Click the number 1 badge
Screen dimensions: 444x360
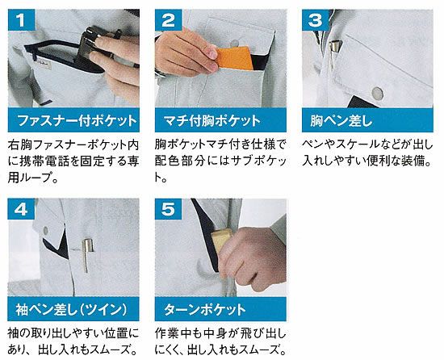click(x=22, y=20)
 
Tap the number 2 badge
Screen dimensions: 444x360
click(x=169, y=20)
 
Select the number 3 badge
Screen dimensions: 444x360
click(x=316, y=20)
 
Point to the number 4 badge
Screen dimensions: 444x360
click(x=21, y=209)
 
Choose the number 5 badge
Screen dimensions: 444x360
click(x=168, y=209)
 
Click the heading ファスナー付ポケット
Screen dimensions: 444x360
click(x=77, y=120)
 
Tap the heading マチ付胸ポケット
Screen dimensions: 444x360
click(x=212, y=120)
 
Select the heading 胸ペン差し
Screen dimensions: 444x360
click(x=341, y=120)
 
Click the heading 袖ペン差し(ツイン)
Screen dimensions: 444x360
click(x=71, y=309)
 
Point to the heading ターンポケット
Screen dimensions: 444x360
click(x=205, y=309)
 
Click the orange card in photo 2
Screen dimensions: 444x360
click(x=235, y=58)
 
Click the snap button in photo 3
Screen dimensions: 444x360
click(x=377, y=94)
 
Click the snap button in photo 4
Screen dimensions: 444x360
click(x=45, y=230)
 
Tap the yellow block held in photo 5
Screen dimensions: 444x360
click(x=221, y=239)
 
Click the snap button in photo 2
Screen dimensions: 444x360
click(x=234, y=44)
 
